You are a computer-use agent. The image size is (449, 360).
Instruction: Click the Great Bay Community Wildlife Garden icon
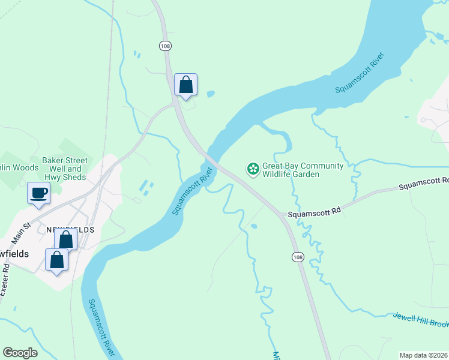(253, 170)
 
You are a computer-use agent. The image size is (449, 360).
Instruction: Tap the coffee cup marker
(39, 194)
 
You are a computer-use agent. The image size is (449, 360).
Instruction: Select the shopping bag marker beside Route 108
(186, 85)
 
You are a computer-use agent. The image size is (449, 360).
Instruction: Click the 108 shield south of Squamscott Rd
(297, 257)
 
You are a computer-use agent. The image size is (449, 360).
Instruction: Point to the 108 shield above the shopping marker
(164, 46)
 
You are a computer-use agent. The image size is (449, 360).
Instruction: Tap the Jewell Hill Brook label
(421, 320)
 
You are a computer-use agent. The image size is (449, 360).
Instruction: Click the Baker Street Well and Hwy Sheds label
(65, 169)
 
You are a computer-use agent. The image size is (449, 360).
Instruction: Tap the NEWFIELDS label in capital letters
(70, 230)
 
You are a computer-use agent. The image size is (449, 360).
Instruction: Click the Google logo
(20, 352)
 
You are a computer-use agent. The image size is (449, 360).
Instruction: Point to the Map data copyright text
(424, 355)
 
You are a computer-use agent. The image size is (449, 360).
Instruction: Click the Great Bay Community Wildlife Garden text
(303, 170)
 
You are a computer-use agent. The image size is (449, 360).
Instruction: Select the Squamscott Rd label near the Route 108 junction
(314, 213)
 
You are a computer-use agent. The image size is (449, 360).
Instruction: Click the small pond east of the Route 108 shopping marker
(210, 94)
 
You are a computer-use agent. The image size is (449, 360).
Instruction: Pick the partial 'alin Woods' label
(19, 167)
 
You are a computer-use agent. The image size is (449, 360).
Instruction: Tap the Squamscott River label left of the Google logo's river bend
(101, 327)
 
